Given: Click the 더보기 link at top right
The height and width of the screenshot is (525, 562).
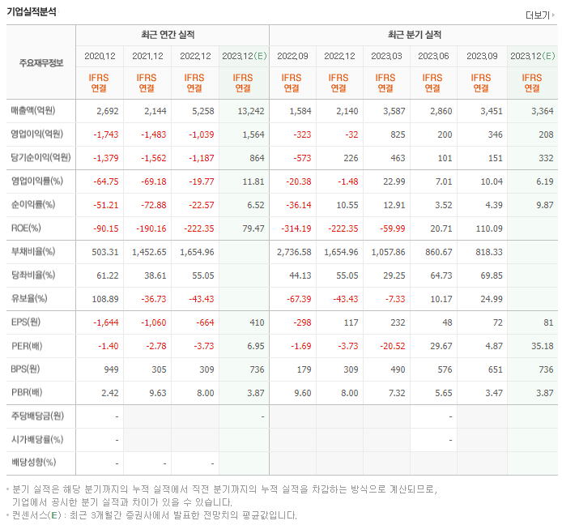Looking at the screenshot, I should (539, 15).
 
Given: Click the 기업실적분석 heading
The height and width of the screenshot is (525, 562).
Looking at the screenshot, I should (32, 11).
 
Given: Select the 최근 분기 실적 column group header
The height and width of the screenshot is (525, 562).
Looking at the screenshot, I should (415, 36).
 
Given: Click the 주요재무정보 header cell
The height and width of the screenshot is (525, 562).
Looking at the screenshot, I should (40, 63).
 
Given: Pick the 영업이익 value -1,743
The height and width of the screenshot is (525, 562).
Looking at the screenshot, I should (104, 134).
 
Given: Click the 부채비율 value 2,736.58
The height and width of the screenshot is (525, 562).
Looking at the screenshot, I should (293, 252).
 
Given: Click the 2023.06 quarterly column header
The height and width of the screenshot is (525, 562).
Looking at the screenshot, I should (434, 56).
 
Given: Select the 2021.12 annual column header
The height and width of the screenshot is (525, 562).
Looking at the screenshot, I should (147, 56).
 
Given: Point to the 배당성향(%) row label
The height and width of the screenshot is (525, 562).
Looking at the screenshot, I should (33, 463).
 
